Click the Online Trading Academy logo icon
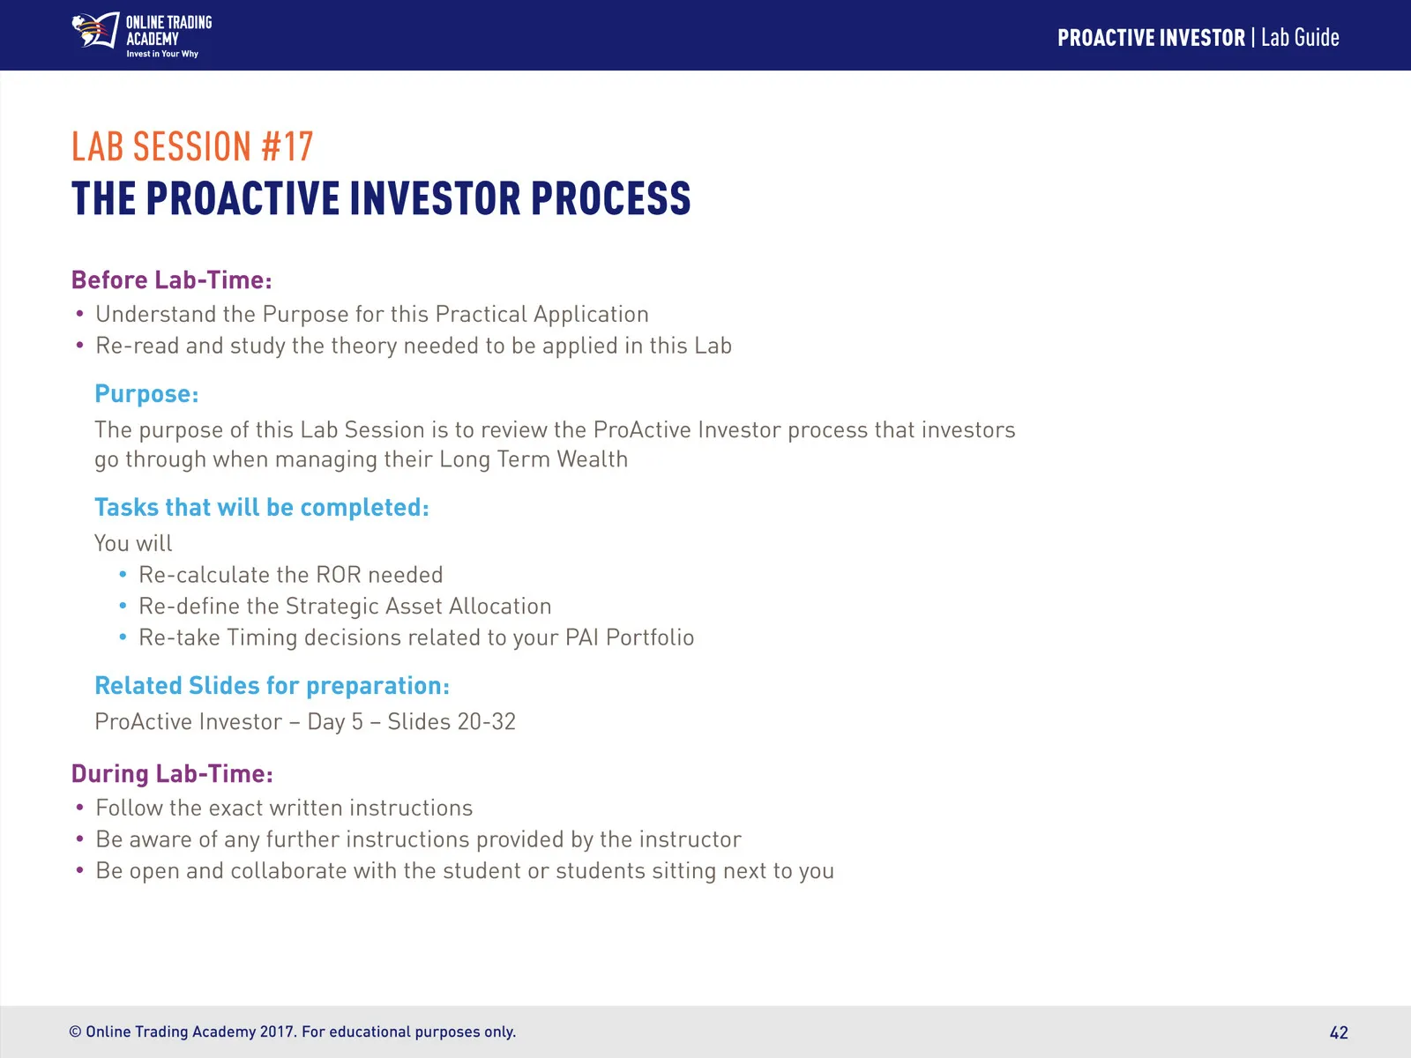(95, 30)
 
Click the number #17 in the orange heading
(287, 146)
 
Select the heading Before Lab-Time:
(172, 280)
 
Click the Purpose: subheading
(146, 394)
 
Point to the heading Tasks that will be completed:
(262, 508)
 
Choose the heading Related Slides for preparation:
(272, 685)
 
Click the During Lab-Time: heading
(172, 773)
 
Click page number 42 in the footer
(1339, 1032)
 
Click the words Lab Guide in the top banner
(1300, 38)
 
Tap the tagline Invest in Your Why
(162, 54)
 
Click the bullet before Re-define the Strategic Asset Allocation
(123, 606)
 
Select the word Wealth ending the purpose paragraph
(592, 459)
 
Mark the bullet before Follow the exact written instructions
(79, 808)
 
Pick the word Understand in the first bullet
(156, 314)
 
